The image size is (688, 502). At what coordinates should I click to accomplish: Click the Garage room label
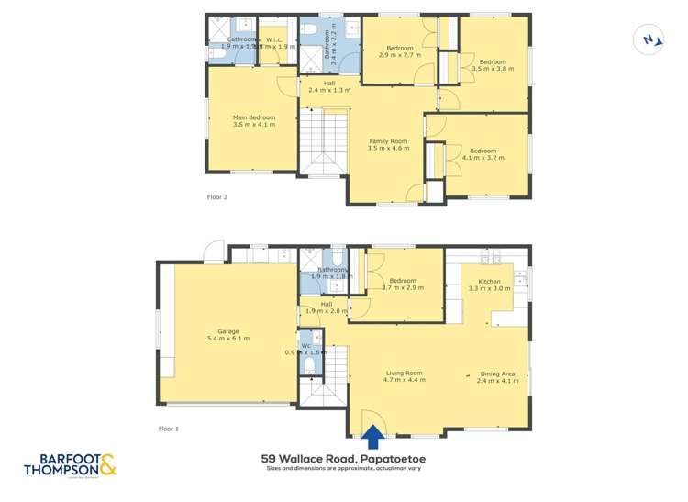click(228, 329)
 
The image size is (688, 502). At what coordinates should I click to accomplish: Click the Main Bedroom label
click(253, 117)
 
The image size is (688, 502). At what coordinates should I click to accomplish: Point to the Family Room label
click(388, 140)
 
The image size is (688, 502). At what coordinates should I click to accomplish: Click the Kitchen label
click(489, 281)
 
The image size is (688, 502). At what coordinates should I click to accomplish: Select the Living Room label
click(404, 373)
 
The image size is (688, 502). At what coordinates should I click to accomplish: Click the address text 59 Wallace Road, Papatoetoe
click(343, 458)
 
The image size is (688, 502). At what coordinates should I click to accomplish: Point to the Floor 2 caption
click(216, 196)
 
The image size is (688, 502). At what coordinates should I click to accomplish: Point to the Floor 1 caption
click(169, 429)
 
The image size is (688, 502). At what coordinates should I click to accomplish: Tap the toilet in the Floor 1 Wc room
click(310, 367)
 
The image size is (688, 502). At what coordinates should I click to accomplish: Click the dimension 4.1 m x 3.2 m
click(483, 159)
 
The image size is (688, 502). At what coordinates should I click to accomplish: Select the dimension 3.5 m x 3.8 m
click(494, 68)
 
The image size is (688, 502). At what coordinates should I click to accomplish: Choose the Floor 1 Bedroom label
click(402, 281)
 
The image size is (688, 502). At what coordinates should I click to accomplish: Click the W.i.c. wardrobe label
click(273, 39)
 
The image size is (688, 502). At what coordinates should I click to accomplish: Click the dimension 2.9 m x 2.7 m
click(399, 55)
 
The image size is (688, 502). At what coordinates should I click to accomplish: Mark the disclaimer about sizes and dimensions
click(343, 468)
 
